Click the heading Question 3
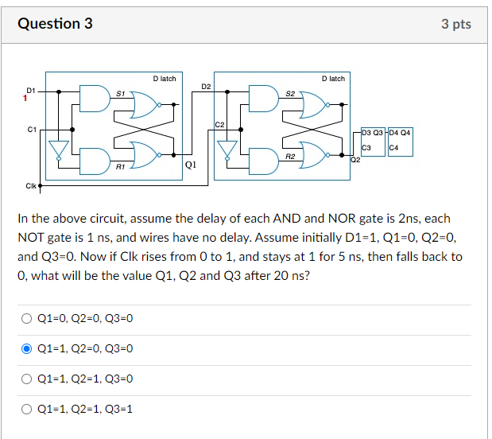pyautogui.click(x=55, y=23)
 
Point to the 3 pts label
pyautogui.click(x=456, y=24)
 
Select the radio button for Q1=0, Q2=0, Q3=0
pyautogui.click(x=26, y=318)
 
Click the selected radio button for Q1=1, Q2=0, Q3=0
pyautogui.click(x=26, y=348)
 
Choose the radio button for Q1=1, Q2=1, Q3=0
pyautogui.click(x=26, y=379)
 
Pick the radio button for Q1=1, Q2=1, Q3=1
pyautogui.click(x=26, y=409)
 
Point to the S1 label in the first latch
pyautogui.click(x=119, y=93)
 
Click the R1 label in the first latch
pyautogui.click(x=119, y=167)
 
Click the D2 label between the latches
pyautogui.click(x=206, y=85)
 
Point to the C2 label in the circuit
pyautogui.click(x=220, y=125)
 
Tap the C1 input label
pyautogui.click(x=31, y=127)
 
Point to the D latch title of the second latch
pyautogui.click(x=334, y=79)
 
